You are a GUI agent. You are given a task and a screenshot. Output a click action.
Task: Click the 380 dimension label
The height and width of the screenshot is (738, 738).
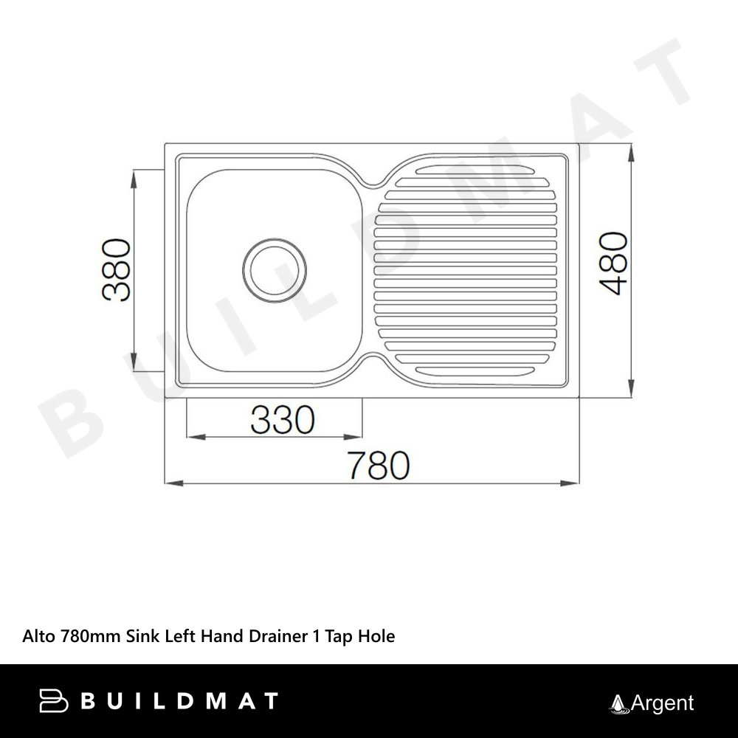click(117, 269)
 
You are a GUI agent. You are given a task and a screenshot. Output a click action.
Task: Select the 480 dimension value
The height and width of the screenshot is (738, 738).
click(614, 263)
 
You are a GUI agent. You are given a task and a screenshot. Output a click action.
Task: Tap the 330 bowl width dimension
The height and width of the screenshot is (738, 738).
click(283, 419)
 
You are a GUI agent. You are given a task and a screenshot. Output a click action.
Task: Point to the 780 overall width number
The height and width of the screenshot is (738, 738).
click(379, 466)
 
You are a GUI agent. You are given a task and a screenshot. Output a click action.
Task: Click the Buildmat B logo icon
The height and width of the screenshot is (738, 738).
click(53, 701)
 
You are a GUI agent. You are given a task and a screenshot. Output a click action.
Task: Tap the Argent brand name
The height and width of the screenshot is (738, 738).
click(662, 703)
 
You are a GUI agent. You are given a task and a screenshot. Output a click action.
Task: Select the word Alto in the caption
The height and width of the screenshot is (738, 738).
click(38, 636)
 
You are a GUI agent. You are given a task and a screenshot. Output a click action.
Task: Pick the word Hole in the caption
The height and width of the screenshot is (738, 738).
click(376, 636)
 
